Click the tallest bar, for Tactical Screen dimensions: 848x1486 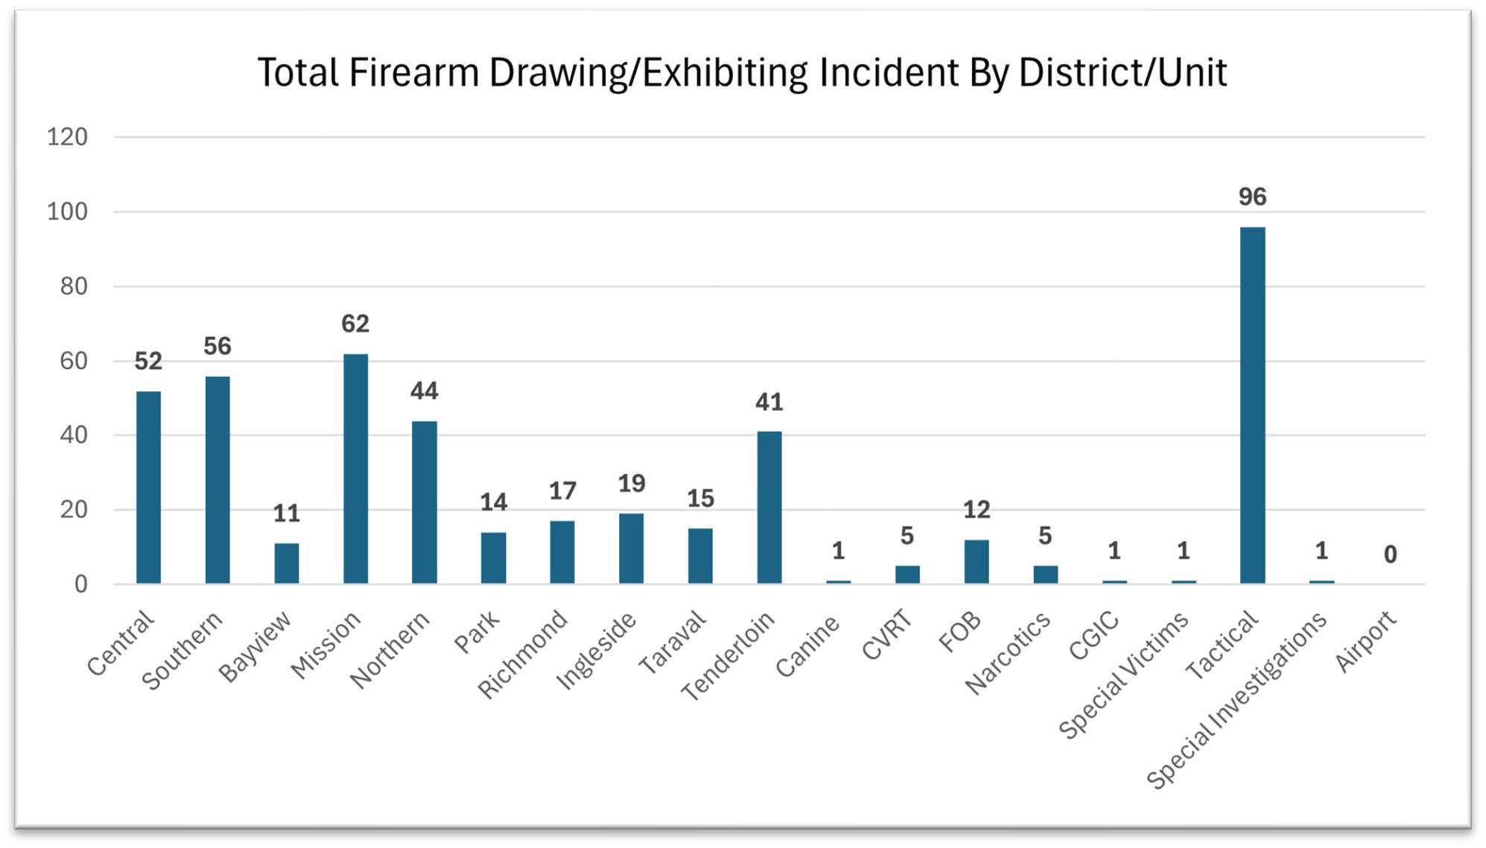tap(1252, 405)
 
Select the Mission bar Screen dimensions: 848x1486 tap(355, 469)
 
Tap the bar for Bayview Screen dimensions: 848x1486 tap(286, 563)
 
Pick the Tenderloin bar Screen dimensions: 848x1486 tap(769, 507)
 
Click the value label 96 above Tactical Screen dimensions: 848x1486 tap(1252, 197)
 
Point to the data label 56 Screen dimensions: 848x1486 tap(217, 346)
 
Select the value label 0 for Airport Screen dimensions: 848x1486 tap(1390, 554)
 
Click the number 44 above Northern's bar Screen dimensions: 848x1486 tap(425, 390)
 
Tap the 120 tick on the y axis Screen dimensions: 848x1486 tap(67, 137)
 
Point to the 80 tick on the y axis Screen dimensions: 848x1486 tap(73, 286)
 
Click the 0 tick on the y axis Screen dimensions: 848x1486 tap(80, 584)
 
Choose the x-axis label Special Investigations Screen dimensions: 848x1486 tap(1237, 700)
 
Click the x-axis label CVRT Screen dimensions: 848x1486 tap(887, 635)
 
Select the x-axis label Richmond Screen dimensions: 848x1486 tap(522, 654)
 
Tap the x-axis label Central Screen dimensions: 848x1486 tap(121, 642)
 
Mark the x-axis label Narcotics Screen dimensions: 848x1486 tap(1008, 653)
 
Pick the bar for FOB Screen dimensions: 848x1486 tap(977, 562)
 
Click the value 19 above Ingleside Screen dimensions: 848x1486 tap(632, 484)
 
